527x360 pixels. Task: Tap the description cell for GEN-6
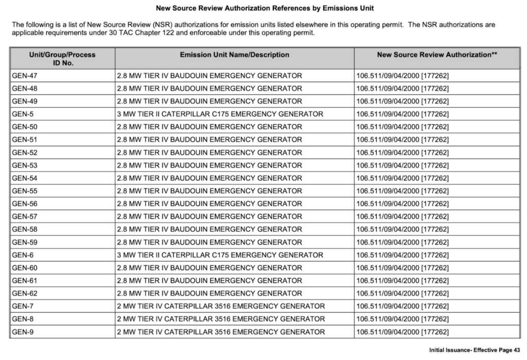tap(220, 255)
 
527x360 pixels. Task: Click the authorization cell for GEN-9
tap(402, 332)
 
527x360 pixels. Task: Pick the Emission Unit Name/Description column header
tap(234, 55)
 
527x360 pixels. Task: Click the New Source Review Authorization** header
tap(437, 55)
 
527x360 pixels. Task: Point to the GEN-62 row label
tap(25, 294)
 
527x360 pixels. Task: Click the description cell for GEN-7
tap(221, 306)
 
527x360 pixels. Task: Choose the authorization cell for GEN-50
tap(402, 127)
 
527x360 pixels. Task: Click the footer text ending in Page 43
tap(475, 350)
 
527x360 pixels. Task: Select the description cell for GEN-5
tap(220, 114)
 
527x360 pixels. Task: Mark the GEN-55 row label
tap(25, 191)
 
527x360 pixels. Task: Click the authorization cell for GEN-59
tap(402, 242)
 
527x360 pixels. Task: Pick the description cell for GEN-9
tap(221, 332)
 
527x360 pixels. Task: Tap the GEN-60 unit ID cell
tap(25, 268)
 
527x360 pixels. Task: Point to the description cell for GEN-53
tap(209, 165)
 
